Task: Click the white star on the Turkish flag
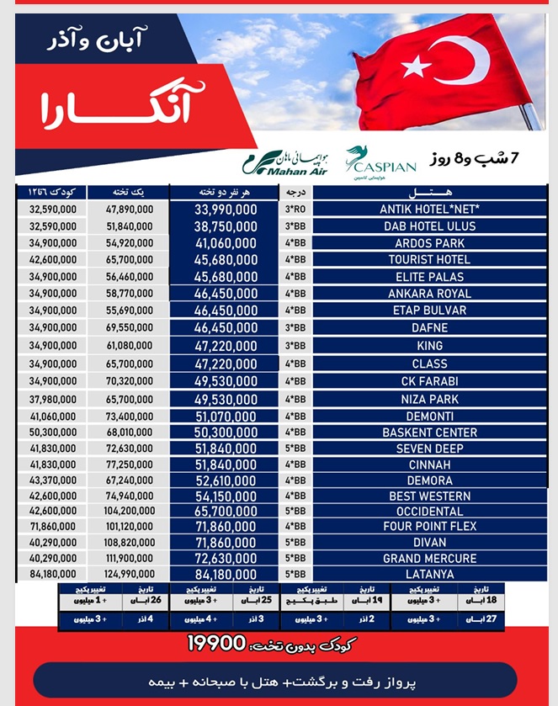[x=417, y=66]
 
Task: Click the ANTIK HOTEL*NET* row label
[x=429, y=209]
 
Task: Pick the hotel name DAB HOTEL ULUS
[x=429, y=226]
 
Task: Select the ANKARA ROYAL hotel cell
[x=429, y=294]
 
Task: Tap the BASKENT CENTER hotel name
[x=429, y=433]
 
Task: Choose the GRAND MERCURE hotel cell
[x=429, y=558]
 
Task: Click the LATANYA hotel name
[x=429, y=574]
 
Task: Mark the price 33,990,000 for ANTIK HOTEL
[x=226, y=209]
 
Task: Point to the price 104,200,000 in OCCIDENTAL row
[x=119, y=511]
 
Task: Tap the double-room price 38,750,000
[x=226, y=226]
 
